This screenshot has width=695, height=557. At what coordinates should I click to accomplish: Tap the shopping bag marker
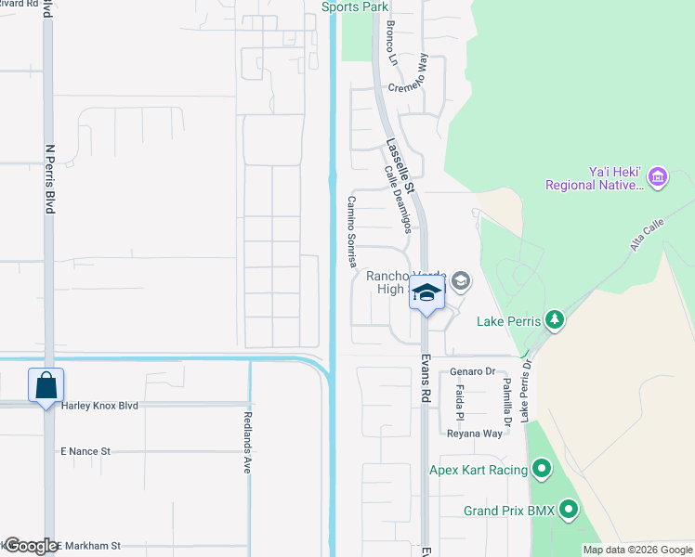click(x=46, y=384)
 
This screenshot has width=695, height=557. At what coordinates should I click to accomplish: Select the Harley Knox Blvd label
click(x=99, y=406)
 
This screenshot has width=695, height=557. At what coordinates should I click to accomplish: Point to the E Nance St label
click(x=85, y=451)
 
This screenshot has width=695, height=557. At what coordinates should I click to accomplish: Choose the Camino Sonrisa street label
click(x=353, y=232)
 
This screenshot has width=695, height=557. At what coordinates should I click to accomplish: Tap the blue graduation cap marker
click(x=426, y=293)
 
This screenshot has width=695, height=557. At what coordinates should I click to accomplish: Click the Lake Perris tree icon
click(x=555, y=320)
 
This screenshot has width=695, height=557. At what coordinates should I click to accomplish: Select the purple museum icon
click(x=658, y=176)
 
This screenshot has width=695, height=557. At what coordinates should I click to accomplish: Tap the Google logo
click(x=31, y=546)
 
